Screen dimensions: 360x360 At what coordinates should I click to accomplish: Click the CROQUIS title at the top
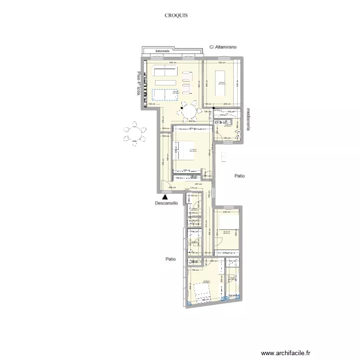point(176,15)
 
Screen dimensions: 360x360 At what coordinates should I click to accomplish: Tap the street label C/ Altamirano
point(224,48)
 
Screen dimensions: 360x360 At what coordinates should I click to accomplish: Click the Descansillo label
point(166,203)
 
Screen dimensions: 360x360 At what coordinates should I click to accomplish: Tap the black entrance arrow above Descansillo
point(165,196)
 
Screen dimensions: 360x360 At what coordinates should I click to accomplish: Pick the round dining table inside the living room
point(189,113)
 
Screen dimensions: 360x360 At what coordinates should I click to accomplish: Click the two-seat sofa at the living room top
point(165,72)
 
